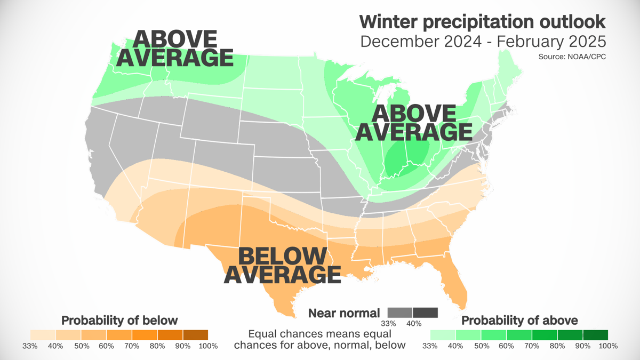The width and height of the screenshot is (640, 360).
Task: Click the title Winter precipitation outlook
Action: coord(482,22)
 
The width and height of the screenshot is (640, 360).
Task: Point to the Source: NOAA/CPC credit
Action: coord(575,56)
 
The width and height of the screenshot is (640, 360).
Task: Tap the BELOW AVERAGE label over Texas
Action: coord(282,265)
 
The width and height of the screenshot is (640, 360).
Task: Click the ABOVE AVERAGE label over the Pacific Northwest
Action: coord(174,48)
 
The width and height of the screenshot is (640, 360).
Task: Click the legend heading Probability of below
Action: coord(119,321)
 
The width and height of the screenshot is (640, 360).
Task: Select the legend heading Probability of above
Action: coord(519,321)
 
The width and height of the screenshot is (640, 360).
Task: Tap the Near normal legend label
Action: coord(344,313)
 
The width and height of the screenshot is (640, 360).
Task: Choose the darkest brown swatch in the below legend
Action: coord(195,335)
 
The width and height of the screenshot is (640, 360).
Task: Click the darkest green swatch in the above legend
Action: coord(595,335)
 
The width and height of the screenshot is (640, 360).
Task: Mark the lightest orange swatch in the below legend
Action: coord(43,335)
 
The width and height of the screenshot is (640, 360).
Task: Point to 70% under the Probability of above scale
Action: coord(531,346)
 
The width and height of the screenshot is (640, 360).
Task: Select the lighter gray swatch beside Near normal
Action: coord(400,313)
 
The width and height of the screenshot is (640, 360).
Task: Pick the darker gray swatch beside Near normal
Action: coord(425,313)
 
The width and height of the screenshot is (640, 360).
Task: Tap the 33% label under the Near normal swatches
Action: coord(388,324)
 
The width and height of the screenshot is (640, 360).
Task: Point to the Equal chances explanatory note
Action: coord(319,340)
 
